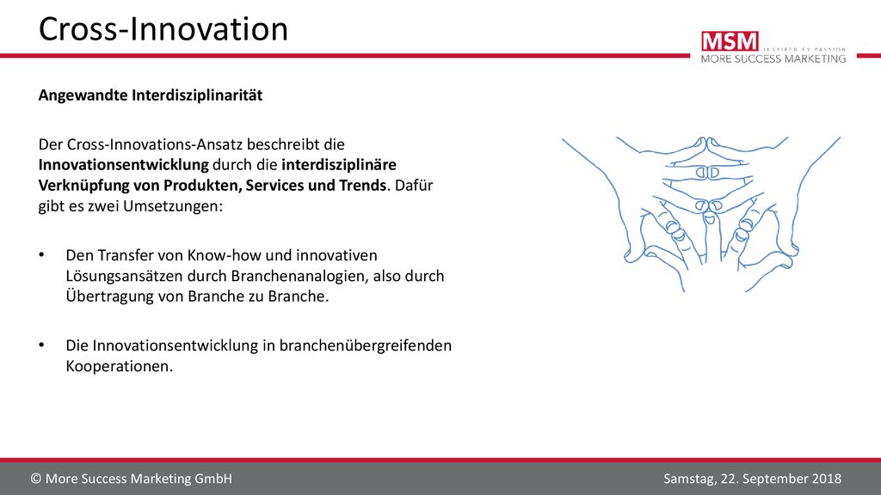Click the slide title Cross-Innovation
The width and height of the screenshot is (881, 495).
pyautogui.click(x=163, y=29)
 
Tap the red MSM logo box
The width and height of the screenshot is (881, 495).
pyautogui.click(x=730, y=41)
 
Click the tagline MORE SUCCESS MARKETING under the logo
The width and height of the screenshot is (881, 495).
pyautogui.click(x=773, y=58)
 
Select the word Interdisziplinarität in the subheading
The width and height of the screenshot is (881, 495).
pyautogui.click(x=197, y=95)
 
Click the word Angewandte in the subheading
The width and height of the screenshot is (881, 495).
pyautogui.click(x=83, y=96)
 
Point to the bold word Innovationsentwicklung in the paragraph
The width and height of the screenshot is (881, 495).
pyautogui.click(x=124, y=165)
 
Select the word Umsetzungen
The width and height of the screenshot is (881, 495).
pyautogui.click(x=173, y=206)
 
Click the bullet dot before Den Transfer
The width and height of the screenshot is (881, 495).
pyautogui.click(x=41, y=254)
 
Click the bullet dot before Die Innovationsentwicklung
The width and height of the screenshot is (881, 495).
pyautogui.click(x=41, y=345)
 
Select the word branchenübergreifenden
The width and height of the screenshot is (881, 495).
pyautogui.click(x=365, y=345)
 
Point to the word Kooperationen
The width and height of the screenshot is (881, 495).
pyautogui.click(x=119, y=366)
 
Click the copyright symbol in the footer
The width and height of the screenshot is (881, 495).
pyautogui.click(x=36, y=479)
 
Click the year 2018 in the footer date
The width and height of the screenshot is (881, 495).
pyautogui.click(x=827, y=479)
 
